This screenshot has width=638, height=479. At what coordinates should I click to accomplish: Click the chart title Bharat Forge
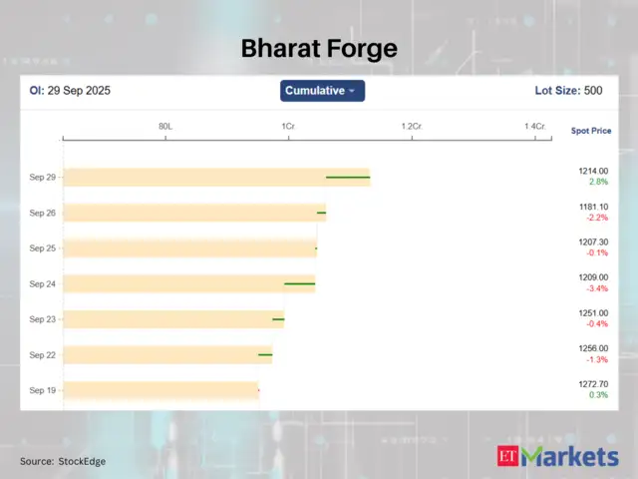(319, 49)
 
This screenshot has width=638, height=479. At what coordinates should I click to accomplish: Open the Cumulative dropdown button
(322, 91)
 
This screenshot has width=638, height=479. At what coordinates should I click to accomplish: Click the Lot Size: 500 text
(568, 91)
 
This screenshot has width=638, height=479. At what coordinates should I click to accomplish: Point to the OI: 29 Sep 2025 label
(70, 91)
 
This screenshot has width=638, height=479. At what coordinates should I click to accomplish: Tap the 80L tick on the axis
(165, 127)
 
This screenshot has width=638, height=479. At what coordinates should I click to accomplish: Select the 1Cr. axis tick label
(288, 127)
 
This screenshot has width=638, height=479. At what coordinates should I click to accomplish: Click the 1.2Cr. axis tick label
(412, 127)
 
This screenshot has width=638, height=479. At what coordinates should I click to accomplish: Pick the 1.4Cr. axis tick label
(535, 127)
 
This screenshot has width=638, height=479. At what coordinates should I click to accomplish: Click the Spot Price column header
(591, 131)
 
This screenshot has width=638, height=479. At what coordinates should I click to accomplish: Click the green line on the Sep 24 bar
(299, 283)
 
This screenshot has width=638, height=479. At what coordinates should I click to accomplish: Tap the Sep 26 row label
(43, 213)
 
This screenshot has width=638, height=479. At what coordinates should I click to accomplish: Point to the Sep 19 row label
(43, 390)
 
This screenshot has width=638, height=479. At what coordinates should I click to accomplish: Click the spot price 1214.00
(593, 172)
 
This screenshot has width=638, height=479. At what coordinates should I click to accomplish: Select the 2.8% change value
(598, 183)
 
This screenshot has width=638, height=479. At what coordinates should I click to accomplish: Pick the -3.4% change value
(597, 288)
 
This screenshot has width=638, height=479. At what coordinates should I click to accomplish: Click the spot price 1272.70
(593, 384)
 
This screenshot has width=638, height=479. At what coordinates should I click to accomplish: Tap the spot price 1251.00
(593, 313)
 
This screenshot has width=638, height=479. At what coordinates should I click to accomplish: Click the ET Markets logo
(557, 457)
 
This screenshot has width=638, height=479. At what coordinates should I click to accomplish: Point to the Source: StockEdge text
(63, 461)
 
